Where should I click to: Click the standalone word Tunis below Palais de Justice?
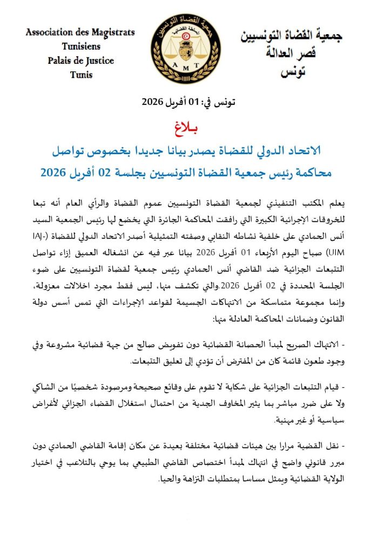point(81,74)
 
